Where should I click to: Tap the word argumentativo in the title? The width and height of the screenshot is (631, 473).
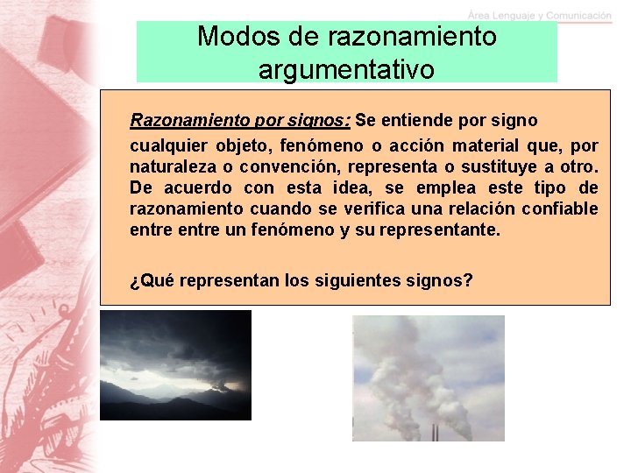tap(346, 69)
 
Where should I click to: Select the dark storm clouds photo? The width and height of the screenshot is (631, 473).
tap(175, 365)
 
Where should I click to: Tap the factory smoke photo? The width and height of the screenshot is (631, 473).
tap(429, 378)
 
